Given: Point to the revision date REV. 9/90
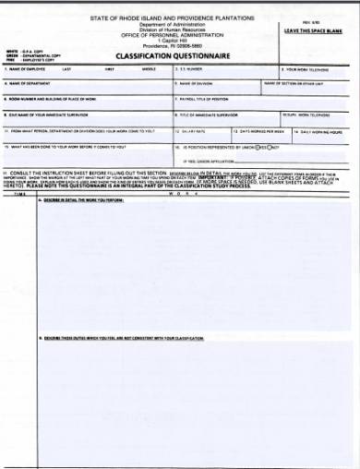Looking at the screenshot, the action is tap(318, 21).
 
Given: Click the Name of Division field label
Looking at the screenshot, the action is tap(194, 82).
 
